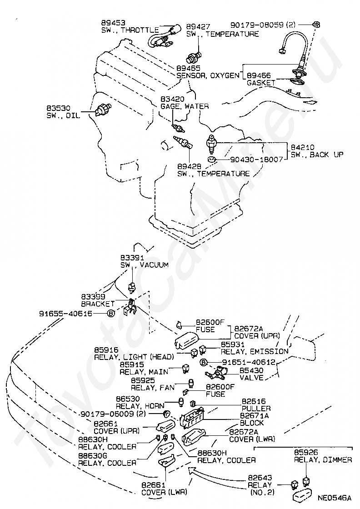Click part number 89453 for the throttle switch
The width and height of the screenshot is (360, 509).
pyautogui.click(x=113, y=23)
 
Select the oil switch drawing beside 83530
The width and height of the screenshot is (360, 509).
pyautogui.click(x=103, y=110)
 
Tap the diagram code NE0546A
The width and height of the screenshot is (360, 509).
pyautogui.click(x=335, y=498)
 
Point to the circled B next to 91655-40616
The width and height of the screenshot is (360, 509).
pyautogui.click(x=111, y=314)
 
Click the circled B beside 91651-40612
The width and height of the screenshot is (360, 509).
pyautogui.click(x=203, y=362)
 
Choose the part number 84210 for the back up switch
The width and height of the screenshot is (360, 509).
pyautogui.click(x=302, y=147)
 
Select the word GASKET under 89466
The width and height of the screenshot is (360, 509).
pyautogui.click(x=261, y=83)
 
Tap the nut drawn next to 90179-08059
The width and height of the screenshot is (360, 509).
pyautogui.click(x=316, y=25)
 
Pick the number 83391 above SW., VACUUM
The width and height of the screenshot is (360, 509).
pyautogui.click(x=132, y=257)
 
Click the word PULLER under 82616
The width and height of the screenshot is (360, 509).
pyautogui.click(x=256, y=409)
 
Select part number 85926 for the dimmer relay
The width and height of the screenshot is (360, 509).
pyautogui.click(x=306, y=452)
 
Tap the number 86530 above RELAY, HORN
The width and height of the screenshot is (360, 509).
pyautogui.click(x=128, y=399)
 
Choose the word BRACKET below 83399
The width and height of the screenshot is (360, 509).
pyautogui.click(x=98, y=304)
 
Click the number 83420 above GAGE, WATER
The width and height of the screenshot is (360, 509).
pyautogui.click(x=173, y=99)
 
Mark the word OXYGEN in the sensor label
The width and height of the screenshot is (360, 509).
pyautogui.click(x=224, y=75)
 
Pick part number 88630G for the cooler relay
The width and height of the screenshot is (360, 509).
pyautogui.click(x=93, y=456)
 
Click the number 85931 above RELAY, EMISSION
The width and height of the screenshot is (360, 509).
pyautogui.click(x=233, y=344)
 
